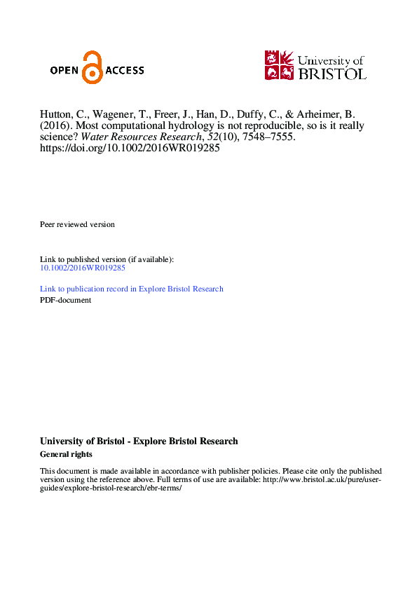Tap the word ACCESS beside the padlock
(124, 70)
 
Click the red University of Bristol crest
(279, 65)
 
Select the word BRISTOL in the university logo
(331, 74)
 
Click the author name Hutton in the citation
(55, 115)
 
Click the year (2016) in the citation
(55, 126)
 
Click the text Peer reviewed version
(77, 224)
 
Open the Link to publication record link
(132, 289)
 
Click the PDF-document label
(65, 300)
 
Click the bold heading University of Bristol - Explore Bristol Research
(139, 441)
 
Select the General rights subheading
(66, 454)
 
